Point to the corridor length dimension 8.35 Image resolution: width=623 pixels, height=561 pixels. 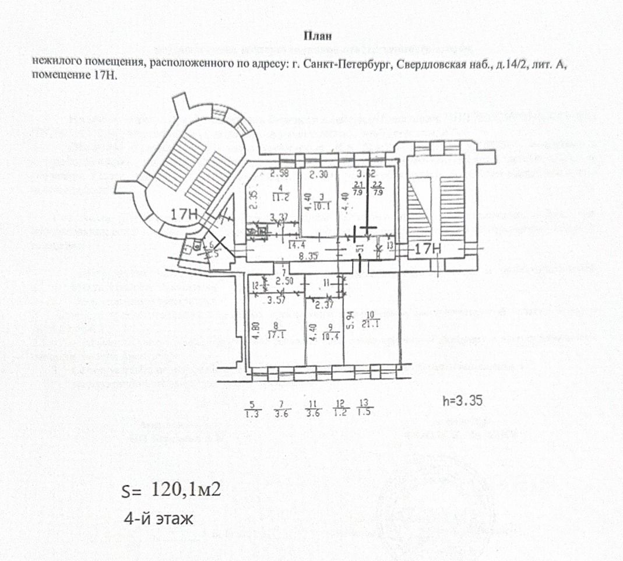[x=307, y=255]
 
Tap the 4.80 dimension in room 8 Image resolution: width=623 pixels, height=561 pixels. [x=254, y=338]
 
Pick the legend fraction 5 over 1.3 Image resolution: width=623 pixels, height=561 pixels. [x=253, y=409]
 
